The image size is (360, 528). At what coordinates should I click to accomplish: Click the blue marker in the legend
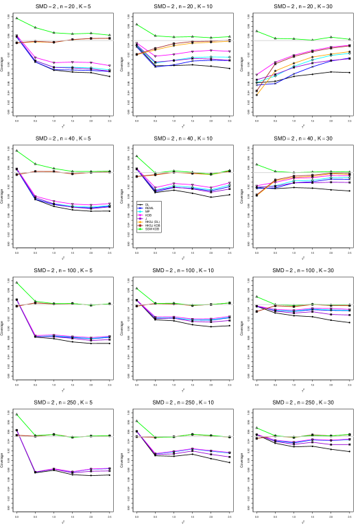[x=140, y=208]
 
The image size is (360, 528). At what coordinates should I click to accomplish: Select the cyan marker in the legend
[x=140, y=212]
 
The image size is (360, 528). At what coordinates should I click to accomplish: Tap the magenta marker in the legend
[x=140, y=215]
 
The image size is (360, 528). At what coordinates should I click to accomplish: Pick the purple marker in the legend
[x=140, y=219]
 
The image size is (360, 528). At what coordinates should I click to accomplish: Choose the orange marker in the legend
[x=140, y=222]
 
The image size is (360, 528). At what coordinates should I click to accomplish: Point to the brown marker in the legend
[x=140, y=226]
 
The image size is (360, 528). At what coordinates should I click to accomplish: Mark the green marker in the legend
[x=140, y=229]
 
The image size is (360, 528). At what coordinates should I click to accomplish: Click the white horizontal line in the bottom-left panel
[x=62, y=436]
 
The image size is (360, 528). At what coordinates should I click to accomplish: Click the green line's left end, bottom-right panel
[x=257, y=429]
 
